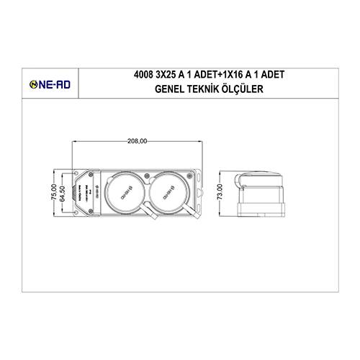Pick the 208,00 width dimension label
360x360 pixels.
click(x=136, y=142)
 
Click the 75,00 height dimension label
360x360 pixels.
click(x=53, y=193)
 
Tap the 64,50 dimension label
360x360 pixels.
click(x=63, y=194)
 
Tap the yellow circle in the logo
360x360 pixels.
click(x=34, y=84)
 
